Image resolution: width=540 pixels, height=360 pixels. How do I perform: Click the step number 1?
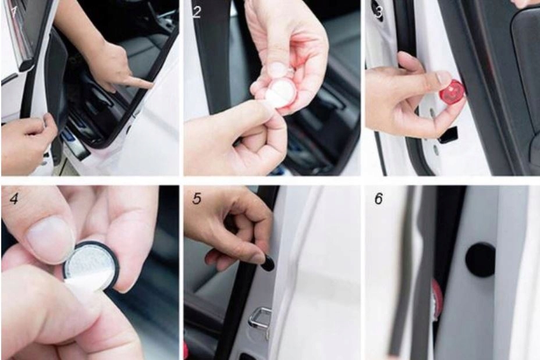[14, 12]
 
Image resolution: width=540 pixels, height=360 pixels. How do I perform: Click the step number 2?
[196, 12]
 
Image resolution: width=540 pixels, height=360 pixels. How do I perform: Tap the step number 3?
[378, 12]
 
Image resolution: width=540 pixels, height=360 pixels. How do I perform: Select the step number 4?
[14, 198]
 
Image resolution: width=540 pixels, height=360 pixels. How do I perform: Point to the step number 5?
[197, 198]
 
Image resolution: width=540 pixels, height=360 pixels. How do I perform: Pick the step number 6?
[378, 198]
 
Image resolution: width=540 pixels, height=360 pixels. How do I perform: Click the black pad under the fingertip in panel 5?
[268, 263]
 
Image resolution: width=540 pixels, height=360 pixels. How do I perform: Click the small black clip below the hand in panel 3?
[448, 136]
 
